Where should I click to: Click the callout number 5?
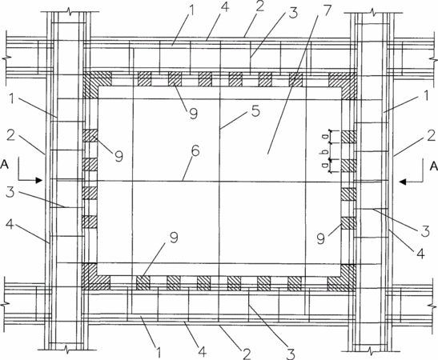point(255,110)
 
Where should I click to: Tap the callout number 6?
point(195,151)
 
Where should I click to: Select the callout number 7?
point(327,11)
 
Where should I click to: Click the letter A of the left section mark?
point(5,164)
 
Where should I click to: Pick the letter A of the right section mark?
point(433,166)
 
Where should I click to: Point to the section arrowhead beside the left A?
point(38,180)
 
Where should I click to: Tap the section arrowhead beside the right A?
point(403,182)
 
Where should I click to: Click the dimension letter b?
point(325,151)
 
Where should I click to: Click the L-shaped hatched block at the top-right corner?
point(346,82)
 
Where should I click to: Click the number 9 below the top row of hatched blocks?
point(193,113)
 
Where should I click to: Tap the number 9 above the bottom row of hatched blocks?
point(174,238)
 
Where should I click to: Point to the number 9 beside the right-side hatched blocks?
point(321,238)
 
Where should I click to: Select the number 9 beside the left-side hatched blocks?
point(119,156)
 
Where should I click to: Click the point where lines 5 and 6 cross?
point(220,182)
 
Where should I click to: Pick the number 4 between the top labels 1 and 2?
point(224,7)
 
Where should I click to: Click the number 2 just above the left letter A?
point(11,136)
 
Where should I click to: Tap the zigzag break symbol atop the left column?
point(70,12)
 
